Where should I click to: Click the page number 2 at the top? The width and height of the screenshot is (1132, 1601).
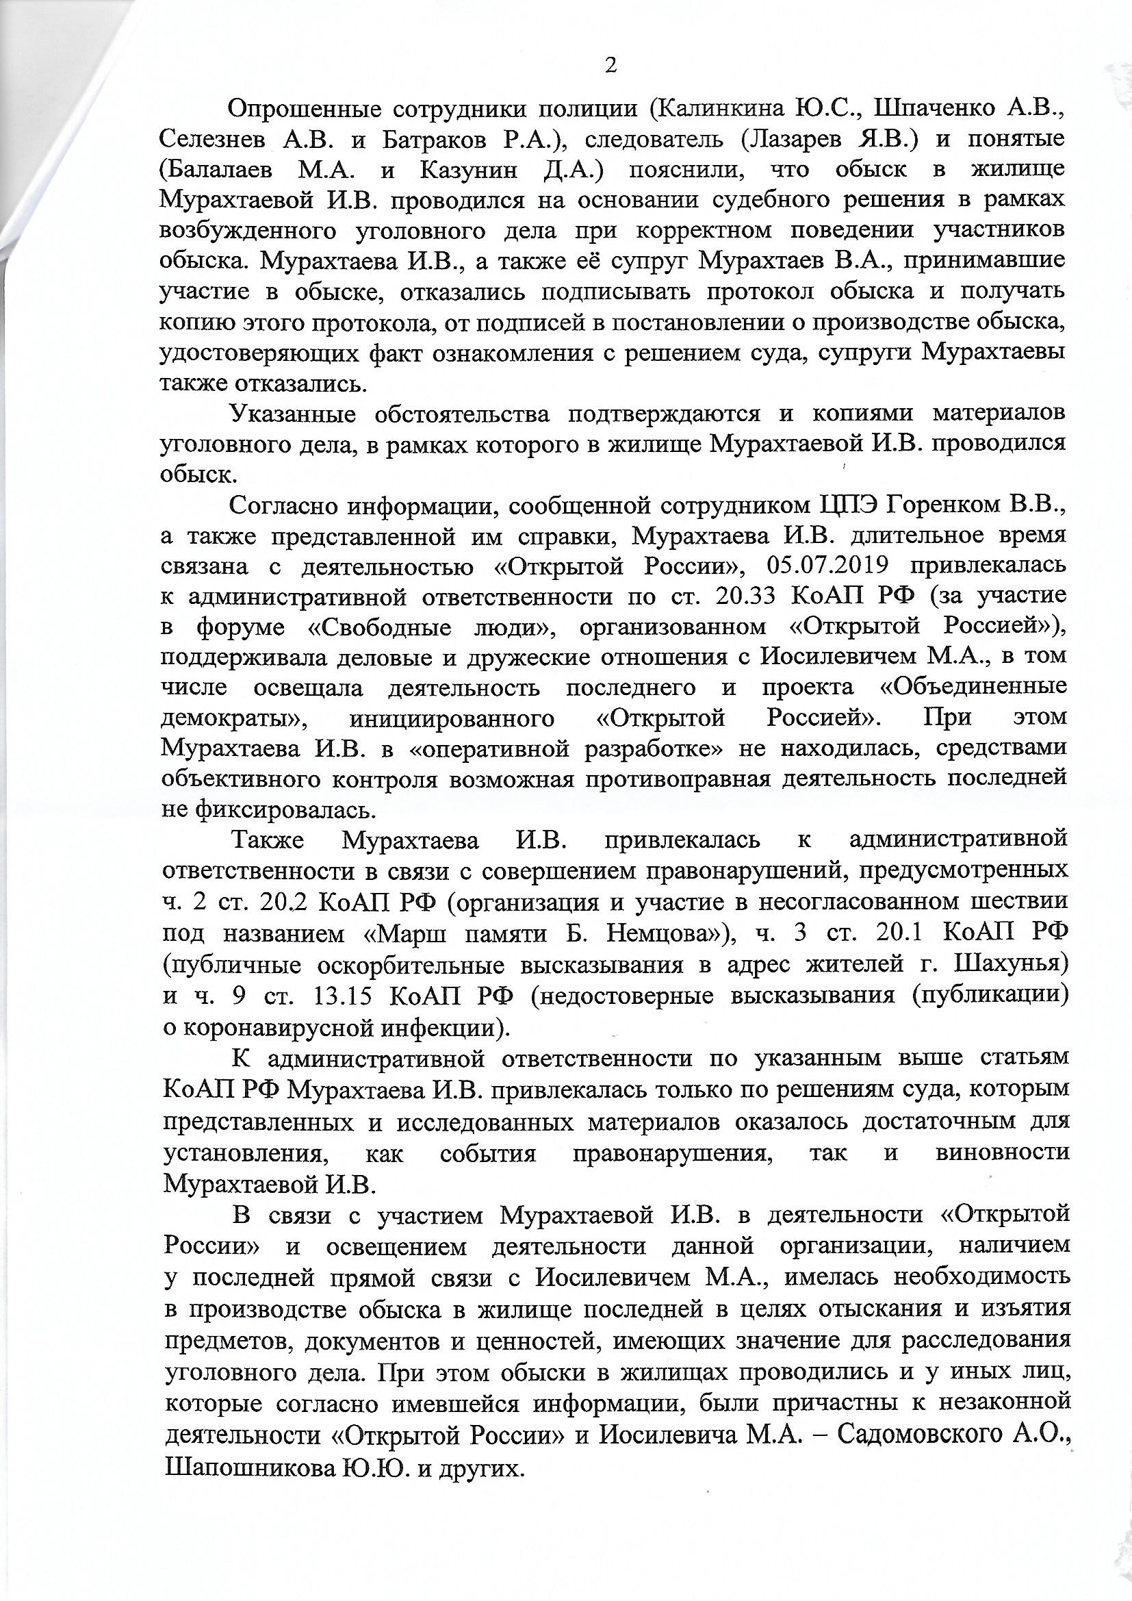[610, 66]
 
